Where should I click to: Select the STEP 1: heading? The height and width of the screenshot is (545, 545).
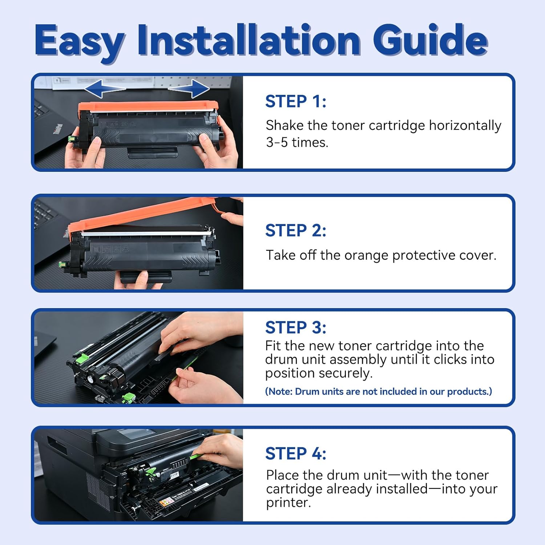(x=296, y=101)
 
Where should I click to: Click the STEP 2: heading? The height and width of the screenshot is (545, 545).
(x=296, y=231)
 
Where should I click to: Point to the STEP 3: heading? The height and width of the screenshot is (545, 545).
(x=296, y=328)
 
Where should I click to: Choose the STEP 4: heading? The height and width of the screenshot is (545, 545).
(x=296, y=454)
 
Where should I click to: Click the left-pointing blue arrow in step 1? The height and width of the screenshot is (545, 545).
(x=105, y=89)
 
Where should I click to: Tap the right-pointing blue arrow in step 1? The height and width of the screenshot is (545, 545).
(x=189, y=89)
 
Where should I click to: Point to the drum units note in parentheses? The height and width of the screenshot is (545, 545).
(x=379, y=392)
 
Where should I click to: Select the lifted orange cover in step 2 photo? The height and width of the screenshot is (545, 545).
(x=145, y=216)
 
